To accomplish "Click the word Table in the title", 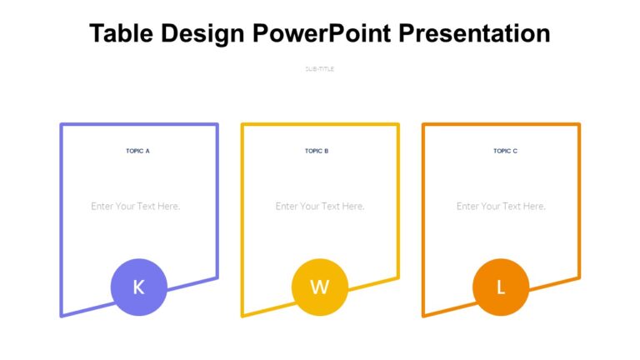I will [x=118, y=33].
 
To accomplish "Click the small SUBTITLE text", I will [x=320, y=69].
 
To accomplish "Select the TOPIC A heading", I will [x=137, y=151].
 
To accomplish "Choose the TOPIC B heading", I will [x=317, y=151].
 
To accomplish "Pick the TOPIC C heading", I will [x=505, y=151].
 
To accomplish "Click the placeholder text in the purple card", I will [x=136, y=206].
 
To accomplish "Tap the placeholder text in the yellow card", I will [x=320, y=206].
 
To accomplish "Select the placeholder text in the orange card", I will [x=501, y=206].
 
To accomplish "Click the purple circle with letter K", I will [x=138, y=287].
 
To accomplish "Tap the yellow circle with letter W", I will [x=319, y=287].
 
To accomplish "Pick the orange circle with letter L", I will [x=500, y=287].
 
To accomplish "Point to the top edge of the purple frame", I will [x=138, y=125].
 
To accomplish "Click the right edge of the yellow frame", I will [x=397, y=200].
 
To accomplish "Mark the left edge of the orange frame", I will [x=423, y=217].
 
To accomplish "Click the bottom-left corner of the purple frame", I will [x=62, y=315].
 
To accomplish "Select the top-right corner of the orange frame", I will [x=578, y=125].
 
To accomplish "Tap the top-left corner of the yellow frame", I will [x=242, y=125].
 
